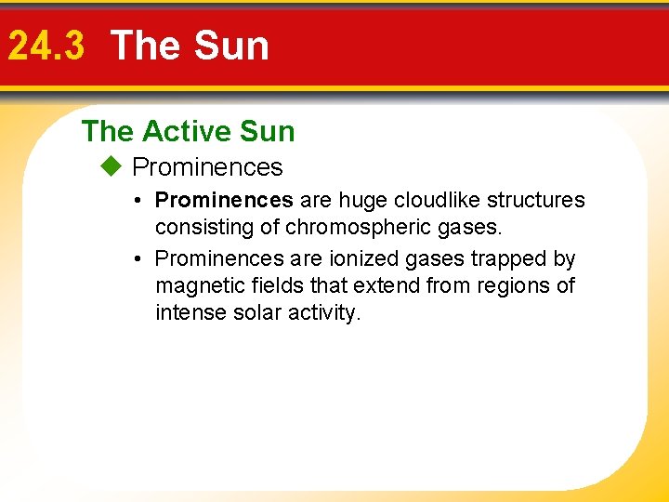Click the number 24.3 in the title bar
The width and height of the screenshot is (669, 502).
[46, 46]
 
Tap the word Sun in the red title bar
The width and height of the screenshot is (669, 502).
[231, 46]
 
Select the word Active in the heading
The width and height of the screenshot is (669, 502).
[186, 132]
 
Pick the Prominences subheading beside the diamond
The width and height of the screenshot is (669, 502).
[207, 167]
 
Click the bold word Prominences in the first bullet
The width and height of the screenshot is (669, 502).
[224, 200]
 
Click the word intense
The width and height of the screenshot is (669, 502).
[189, 312]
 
